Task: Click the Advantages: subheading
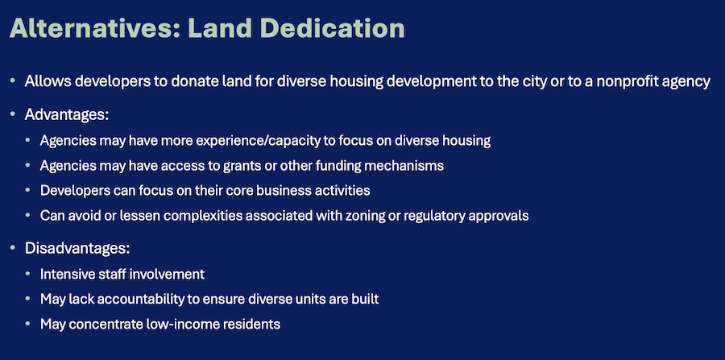point(67,114)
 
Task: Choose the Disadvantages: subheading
point(77,248)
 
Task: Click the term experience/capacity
point(258,141)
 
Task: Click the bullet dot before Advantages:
point(12,114)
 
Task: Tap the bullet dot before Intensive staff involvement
point(28,275)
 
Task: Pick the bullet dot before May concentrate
point(28,325)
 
